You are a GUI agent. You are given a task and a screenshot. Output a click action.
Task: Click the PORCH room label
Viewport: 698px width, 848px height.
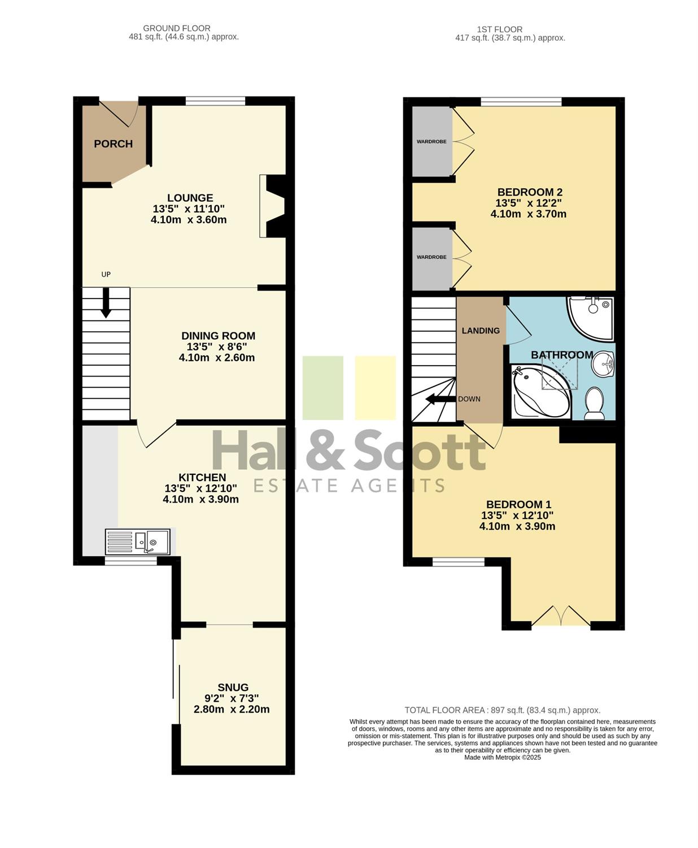(x=113, y=144)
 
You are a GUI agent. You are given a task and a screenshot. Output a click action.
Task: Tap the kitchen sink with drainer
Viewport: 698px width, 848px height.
(x=138, y=542)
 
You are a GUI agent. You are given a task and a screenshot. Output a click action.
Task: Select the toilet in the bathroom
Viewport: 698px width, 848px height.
(x=595, y=403)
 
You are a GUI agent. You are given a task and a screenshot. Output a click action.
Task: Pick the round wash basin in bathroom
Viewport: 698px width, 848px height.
(x=603, y=364)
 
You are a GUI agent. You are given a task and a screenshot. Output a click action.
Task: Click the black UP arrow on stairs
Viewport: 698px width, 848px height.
(x=106, y=302)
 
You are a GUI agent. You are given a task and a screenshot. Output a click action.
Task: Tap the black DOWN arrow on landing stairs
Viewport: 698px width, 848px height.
(x=440, y=399)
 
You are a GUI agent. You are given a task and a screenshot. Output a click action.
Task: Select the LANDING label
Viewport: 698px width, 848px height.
(x=481, y=331)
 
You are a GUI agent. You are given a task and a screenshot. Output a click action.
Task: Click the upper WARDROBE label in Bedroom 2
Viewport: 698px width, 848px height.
(x=431, y=142)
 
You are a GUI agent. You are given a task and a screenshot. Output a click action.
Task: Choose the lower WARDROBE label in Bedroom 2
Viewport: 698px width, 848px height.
(x=431, y=257)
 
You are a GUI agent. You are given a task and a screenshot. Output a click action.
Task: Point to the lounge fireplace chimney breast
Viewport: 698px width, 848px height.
(x=273, y=206)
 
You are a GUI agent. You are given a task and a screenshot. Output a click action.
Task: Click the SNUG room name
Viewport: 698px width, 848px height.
(x=233, y=687)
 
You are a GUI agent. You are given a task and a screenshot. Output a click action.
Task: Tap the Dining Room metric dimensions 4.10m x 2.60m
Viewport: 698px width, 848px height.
(x=217, y=357)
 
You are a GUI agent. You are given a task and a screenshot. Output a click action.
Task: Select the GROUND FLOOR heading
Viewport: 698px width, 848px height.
(x=177, y=28)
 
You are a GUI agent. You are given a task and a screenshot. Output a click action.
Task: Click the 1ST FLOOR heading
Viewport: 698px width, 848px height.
(x=500, y=29)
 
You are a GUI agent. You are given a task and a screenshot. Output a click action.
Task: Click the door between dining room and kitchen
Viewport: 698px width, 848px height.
(x=156, y=435)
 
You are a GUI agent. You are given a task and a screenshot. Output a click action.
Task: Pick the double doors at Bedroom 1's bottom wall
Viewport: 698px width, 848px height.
(x=561, y=616)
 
